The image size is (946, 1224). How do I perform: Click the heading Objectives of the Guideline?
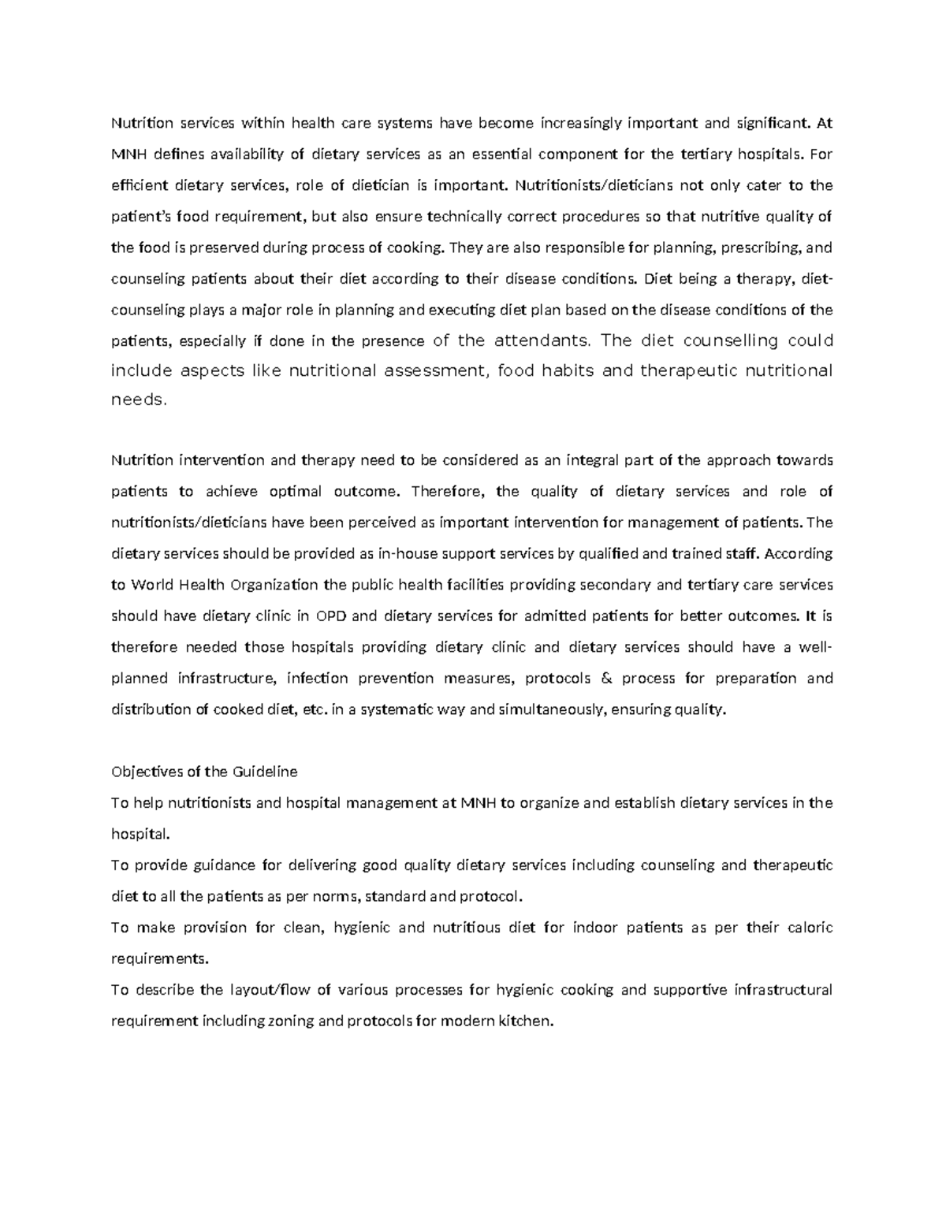[x=204, y=772]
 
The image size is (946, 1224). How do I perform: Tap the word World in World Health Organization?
[x=153, y=585]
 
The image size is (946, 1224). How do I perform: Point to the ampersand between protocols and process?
[x=605, y=678]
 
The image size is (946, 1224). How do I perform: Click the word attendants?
[x=542, y=340]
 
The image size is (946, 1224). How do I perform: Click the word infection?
[x=318, y=678]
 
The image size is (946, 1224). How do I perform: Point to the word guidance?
[x=221, y=865]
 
